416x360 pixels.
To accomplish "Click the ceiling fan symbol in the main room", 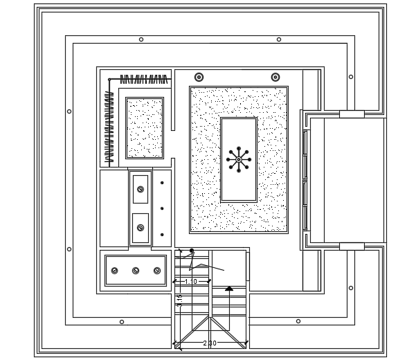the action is coord(239,159).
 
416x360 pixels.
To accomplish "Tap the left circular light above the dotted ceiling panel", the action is coord(199,77).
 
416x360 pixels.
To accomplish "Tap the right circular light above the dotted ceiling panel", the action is coord(275,77).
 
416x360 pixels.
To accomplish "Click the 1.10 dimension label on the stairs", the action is coord(191,282).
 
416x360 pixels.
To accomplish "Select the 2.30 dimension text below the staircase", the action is coord(210,343).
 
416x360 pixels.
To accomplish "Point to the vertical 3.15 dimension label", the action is coord(180,300).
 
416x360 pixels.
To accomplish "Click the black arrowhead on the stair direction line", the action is coord(229,288).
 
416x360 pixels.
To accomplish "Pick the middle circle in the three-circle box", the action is coord(136,271).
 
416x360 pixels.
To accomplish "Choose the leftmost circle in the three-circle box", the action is coord(115,271).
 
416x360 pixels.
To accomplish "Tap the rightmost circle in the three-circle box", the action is coord(157,271).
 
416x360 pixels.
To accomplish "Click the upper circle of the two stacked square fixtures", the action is coord(141,189).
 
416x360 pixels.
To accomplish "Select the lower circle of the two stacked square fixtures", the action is coord(141,228).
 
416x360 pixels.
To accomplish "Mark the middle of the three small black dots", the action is coord(162,208).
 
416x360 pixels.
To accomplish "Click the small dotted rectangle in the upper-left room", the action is coord(145,128).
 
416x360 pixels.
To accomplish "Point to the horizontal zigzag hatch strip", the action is coord(143,80).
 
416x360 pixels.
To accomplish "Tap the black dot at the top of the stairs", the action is coord(192,251).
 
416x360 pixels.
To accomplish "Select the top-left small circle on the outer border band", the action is coord(141,39).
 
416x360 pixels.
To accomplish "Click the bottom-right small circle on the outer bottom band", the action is coord(298,321).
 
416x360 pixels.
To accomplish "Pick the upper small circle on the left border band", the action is coord(69,111).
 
